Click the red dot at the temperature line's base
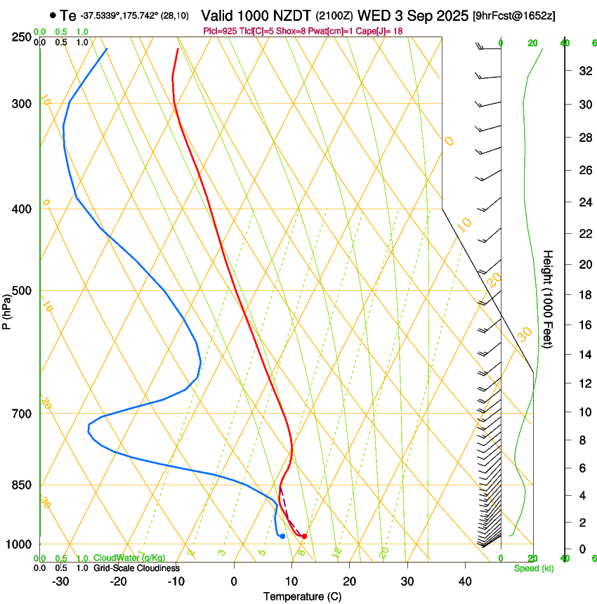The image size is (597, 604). click(x=304, y=537)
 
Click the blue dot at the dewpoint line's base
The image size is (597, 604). click(x=282, y=536)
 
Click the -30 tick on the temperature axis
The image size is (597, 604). click(x=60, y=582)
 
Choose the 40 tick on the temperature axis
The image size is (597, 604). click(x=465, y=582)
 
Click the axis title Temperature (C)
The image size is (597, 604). click(x=302, y=596)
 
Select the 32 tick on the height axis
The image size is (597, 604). click(x=583, y=70)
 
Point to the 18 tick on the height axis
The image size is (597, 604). click(x=583, y=295)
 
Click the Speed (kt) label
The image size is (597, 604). click(x=534, y=568)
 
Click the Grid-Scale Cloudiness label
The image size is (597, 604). click(x=136, y=568)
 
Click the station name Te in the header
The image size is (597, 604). click(x=68, y=15)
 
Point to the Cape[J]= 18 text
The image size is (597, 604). click(x=376, y=31)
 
